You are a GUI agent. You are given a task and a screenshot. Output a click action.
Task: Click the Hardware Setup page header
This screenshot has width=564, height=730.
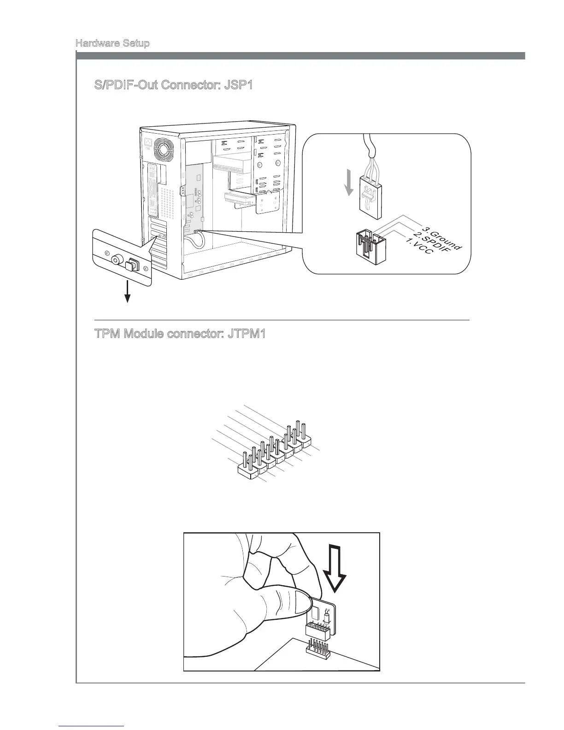(112, 44)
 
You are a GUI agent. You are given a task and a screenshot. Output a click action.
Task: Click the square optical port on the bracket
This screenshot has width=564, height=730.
(132, 265)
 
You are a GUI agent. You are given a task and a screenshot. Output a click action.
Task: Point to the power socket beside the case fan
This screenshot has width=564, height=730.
(148, 144)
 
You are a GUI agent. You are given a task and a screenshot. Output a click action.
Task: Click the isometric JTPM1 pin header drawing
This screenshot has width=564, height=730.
(275, 452)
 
